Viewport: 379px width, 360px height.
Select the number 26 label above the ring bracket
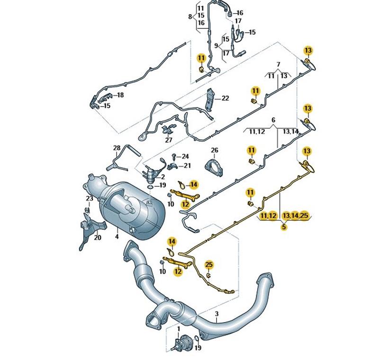click(x=215, y=150)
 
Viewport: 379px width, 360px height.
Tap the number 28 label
click(x=117, y=148)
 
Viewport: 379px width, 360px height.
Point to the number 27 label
click(x=169, y=140)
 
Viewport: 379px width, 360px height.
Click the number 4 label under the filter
click(x=117, y=236)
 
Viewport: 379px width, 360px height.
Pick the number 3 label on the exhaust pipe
click(x=217, y=314)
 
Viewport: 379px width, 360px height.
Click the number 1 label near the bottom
click(x=179, y=329)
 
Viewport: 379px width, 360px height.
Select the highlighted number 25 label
click(x=209, y=265)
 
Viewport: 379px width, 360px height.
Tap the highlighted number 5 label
click(x=284, y=227)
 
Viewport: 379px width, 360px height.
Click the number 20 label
click(x=98, y=238)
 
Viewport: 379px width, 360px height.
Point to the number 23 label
click(x=90, y=198)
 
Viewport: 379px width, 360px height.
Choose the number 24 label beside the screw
click(x=185, y=157)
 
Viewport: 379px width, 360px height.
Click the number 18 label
click(x=120, y=95)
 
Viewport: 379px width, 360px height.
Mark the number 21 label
click(x=187, y=166)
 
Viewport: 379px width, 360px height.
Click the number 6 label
click(x=273, y=120)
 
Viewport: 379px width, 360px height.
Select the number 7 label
click(x=279, y=64)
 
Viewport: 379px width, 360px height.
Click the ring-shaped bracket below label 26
click(x=214, y=168)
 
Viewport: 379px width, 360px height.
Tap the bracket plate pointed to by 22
click(x=209, y=100)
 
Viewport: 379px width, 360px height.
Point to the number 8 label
click(x=190, y=17)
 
